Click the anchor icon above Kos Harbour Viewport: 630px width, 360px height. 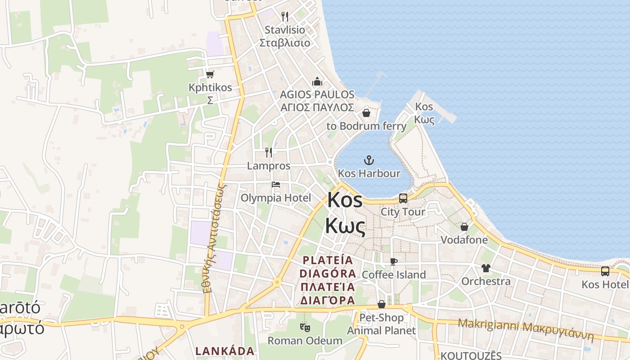369,160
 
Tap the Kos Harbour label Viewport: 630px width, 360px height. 369,173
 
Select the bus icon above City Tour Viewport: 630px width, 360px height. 403,198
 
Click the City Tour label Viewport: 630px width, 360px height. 403,211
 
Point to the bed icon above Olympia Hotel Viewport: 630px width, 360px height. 276,184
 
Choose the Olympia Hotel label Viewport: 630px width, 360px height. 276,198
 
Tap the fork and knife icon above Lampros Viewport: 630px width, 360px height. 269,153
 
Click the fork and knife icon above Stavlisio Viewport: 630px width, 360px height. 284,17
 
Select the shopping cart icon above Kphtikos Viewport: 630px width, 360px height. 210,74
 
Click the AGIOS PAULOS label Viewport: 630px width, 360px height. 317,95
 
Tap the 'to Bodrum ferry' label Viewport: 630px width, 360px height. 366,126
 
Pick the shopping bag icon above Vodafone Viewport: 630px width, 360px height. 464,226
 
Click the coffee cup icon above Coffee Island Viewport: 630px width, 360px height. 394,261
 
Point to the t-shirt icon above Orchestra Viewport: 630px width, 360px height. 486,268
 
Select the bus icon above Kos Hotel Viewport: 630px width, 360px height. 605,271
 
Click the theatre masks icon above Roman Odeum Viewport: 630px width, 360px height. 306,328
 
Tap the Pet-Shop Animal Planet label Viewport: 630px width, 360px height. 382,324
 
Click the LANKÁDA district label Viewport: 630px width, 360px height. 225,351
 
